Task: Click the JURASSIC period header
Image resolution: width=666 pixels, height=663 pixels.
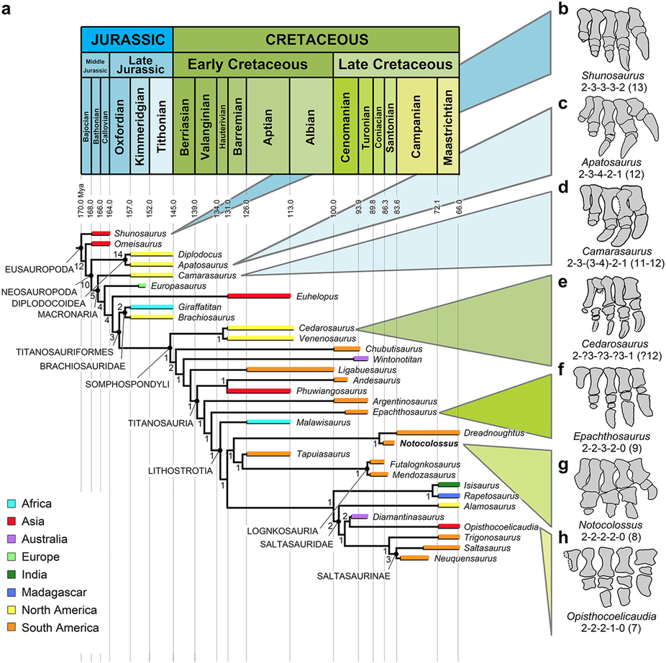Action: coord(126,37)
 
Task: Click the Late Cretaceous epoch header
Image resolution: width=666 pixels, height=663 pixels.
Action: coord(396,65)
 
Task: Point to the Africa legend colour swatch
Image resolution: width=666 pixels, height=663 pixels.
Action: coord(13,504)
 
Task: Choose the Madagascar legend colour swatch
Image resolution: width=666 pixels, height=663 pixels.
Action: coord(13,592)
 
